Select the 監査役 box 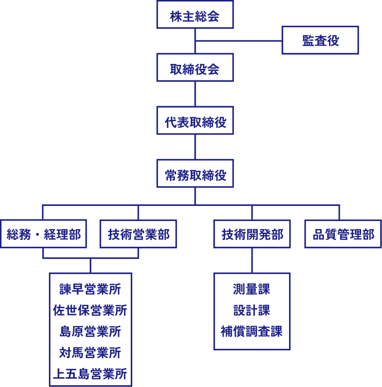pyautogui.click(x=320, y=40)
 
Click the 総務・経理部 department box pyautogui.click(x=44, y=234)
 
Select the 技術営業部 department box pyautogui.click(x=138, y=234)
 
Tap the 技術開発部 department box pyautogui.click(x=252, y=234)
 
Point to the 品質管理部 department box pyautogui.click(x=343, y=234)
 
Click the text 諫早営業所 pyautogui.click(x=90, y=289)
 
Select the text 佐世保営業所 pyautogui.click(x=90, y=310)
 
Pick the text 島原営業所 pyautogui.click(x=90, y=332)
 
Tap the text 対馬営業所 pyautogui.click(x=90, y=353)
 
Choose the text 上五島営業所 pyautogui.click(x=90, y=374)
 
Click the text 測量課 pyautogui.click(x=252, y=289)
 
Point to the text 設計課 pyautogui.click(x=252, y=310)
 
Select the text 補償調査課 pyautogui.click(x=252, y=332)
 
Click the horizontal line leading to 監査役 pyautogui.click(x=238, y=41)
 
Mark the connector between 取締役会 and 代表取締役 pyautogui.click(x=195, y=94)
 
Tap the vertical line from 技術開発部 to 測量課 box pyautogui.click(x=252, y=261)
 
